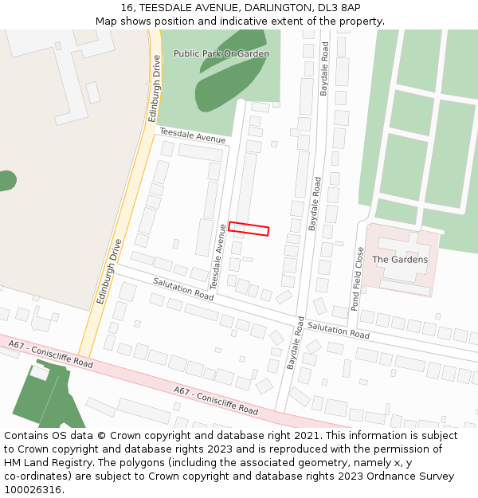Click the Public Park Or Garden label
[x=221, y=54]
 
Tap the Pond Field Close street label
[x=359, y=277]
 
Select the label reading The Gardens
[x=400, y=260]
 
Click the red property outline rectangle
[x=249, y=229]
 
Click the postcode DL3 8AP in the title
[x=327, y=8]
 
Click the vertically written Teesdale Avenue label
[x=217, y=257]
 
